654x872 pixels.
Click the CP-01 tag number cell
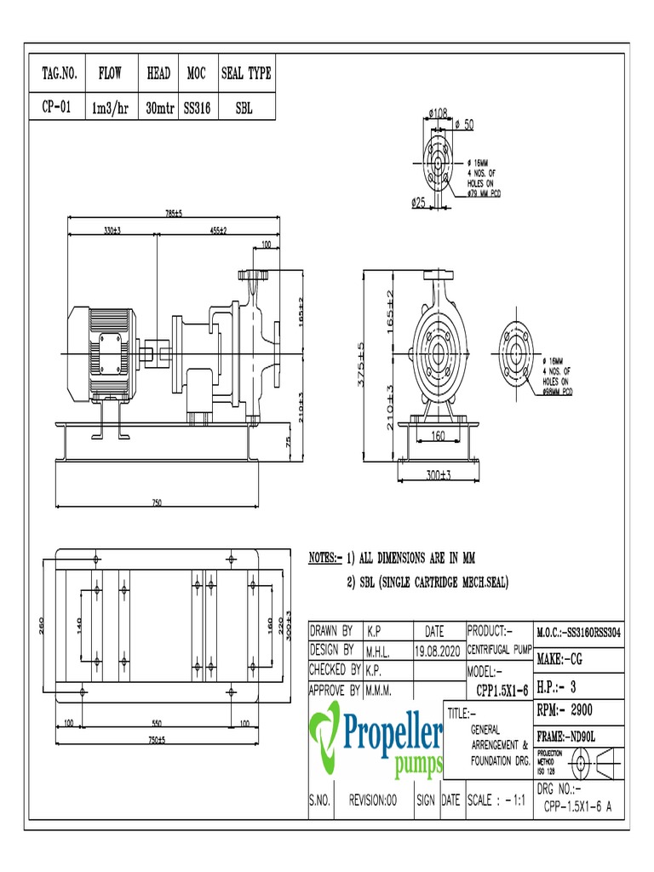59,109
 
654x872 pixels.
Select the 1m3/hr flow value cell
110,109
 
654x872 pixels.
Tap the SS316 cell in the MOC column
197,109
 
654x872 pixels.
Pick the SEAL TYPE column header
246,74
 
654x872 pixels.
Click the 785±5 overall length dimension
174,214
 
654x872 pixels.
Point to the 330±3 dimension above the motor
111,231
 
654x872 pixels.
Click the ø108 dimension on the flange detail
439,112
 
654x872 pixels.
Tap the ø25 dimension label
419,203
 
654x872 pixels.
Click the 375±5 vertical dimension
361,363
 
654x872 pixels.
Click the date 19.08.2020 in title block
439,651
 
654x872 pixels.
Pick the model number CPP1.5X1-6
502,689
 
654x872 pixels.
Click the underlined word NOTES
324,559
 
